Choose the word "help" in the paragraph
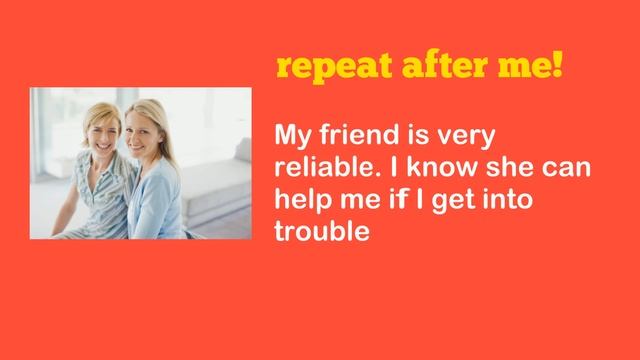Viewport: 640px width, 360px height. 300,199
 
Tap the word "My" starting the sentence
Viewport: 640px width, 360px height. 292,137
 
